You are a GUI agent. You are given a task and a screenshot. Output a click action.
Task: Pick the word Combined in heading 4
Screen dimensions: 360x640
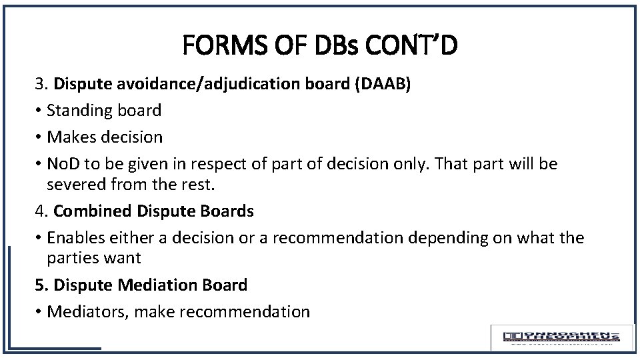[x=93, y=211]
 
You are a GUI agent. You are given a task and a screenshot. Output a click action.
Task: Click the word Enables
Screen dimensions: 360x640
[x=77, y=238]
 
